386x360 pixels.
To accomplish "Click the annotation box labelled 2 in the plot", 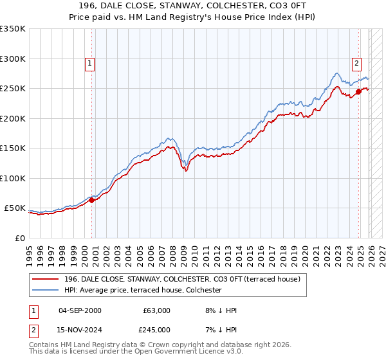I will [356, 63].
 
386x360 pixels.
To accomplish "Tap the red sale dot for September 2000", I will [91, 200].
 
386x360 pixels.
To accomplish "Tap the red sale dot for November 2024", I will [359, 91].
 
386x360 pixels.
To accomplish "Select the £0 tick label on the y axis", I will [19, 238].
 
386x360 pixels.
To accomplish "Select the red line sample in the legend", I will [46, 279].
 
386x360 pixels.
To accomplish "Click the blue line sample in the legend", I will [46, 290].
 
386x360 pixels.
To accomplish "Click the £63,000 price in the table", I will [156, 310].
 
